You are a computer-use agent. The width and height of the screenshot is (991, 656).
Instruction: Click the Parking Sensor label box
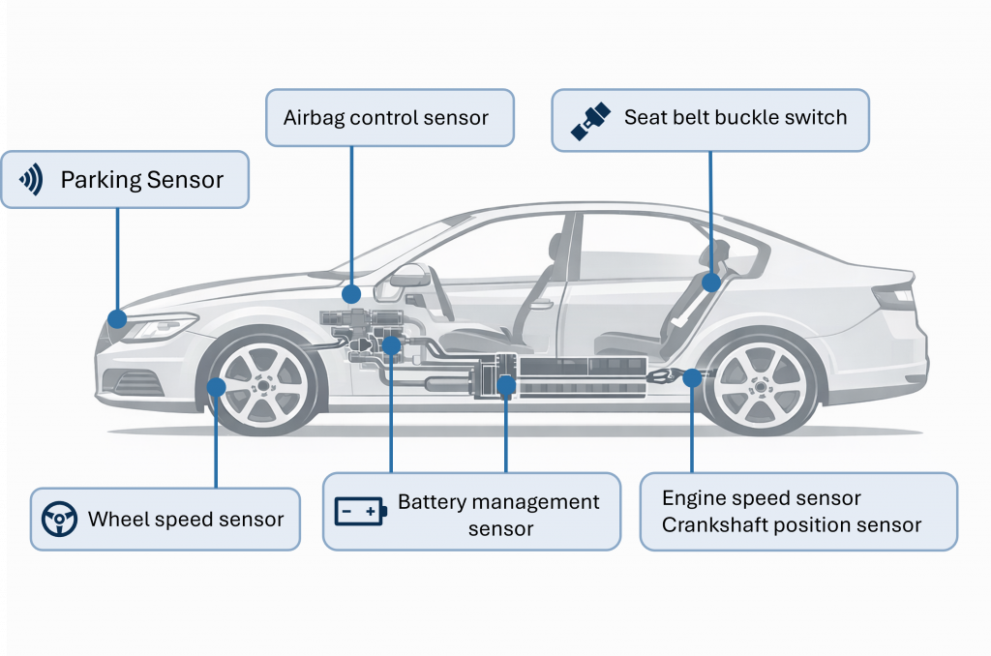tap(125, 179)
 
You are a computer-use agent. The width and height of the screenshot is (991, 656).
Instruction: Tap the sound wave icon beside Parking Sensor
tap(33, 179)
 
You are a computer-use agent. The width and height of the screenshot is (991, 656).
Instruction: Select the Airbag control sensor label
tap(385, 118)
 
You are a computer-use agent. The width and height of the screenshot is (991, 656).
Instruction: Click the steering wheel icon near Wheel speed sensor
tap(59, 520)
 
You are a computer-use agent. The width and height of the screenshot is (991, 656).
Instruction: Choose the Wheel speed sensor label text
tap(186, 520)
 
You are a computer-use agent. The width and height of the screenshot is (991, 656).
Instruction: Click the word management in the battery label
tap(539, 502)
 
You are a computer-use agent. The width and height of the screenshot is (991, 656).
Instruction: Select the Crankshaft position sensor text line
tap(792, 525)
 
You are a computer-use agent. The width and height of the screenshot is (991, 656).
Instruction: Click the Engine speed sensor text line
tap(761, 498)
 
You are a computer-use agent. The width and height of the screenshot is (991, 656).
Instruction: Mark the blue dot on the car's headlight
tap(117, 317)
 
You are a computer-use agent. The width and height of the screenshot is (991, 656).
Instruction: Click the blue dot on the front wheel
tap(216, 386)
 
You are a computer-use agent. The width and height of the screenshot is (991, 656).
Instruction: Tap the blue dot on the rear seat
tap(711, 283)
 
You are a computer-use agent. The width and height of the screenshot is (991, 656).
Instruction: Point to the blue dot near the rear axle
tap(691, 378)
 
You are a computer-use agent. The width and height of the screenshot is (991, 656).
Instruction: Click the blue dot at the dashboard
tap(351, 292)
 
